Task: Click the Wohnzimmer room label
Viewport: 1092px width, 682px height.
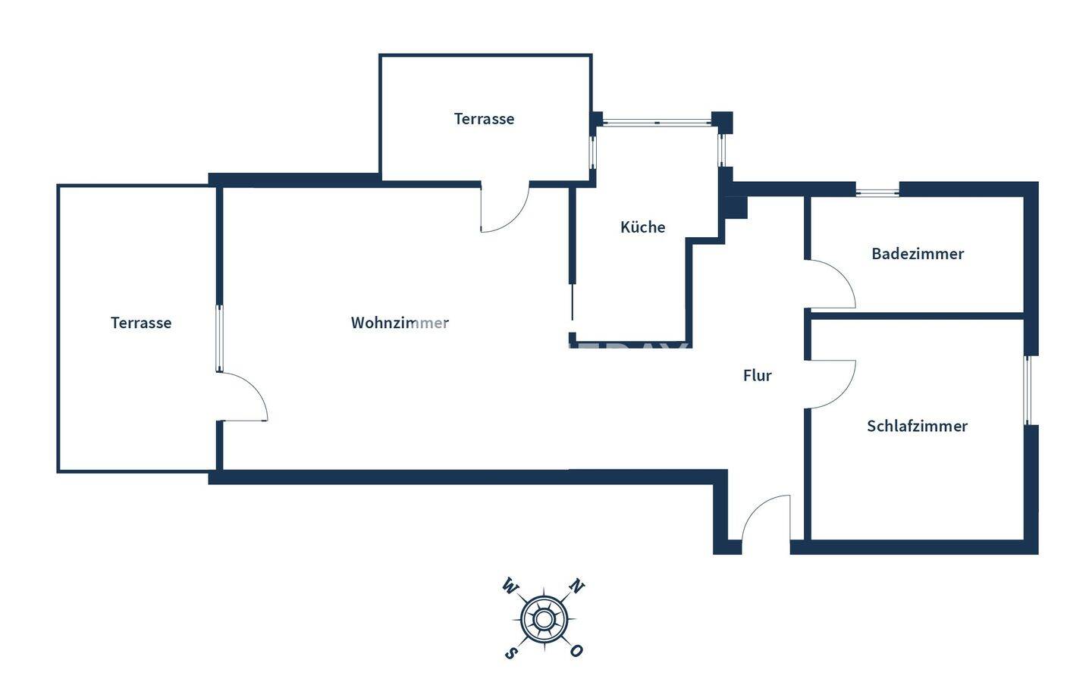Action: coord(400,323)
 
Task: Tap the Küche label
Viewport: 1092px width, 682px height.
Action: coord(642,227)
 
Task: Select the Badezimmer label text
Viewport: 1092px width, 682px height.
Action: coord(917,254)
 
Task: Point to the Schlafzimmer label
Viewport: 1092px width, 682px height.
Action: coord(917,426)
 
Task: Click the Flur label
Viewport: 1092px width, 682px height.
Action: coord(757,375)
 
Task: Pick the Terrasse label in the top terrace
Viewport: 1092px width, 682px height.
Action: coord(484,119)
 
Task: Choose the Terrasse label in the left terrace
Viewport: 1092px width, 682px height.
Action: coord(141,323)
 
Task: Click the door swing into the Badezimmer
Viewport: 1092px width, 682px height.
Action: coord(831,285)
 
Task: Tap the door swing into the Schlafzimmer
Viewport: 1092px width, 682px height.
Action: coord(831,384)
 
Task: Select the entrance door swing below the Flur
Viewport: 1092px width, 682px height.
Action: coord(766,518)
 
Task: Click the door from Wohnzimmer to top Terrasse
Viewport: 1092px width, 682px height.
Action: coord(504,208)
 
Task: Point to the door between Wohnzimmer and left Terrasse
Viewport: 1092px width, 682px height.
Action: coord(243,396)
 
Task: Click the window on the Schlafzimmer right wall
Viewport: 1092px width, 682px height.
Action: coord(1028,389)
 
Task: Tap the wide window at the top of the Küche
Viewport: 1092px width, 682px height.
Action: coord(657,122)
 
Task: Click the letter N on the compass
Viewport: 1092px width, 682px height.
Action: coord(577,587)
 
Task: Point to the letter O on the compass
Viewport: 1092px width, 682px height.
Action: coord(577,651)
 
